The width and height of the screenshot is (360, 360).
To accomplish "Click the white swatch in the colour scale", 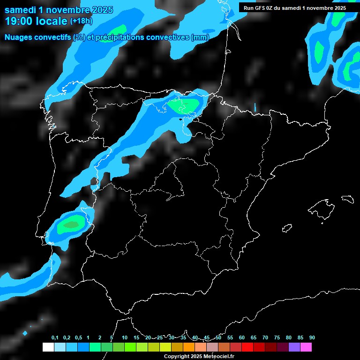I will coord(48,347).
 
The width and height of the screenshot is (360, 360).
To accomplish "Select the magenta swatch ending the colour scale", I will coord(306,347).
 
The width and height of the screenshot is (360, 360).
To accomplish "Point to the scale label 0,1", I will coord(55,337).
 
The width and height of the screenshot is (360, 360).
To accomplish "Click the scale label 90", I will coord(312,337).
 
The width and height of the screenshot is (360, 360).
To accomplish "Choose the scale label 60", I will coord(242,337).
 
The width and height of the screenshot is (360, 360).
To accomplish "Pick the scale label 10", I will coord(125,337).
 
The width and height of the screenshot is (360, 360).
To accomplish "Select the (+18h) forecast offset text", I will coord(81,21).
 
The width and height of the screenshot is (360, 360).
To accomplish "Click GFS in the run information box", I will coord(259,7).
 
